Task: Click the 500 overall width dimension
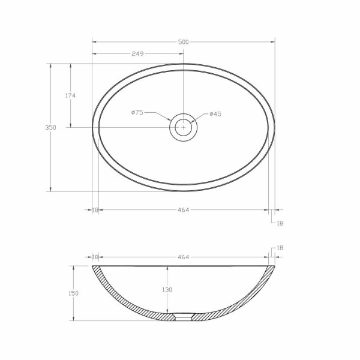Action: (183, 42)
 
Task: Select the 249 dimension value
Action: (137, 54)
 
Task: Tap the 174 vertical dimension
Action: (70, 95)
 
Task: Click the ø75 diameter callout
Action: (137, 112)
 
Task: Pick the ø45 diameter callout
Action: (215, 114)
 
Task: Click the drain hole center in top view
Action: (183, 127)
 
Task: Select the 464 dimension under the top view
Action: (183, 210)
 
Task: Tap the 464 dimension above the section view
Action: (183, 257)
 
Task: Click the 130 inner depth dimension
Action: (167, 290)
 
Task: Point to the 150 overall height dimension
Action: (74, 293)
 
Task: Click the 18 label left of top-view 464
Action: (95, 210)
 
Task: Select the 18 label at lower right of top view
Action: (280, 223)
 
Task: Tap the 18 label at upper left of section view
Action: (95, 257)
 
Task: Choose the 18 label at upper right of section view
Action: (280, 248)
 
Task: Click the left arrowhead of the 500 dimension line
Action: (94, 42)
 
